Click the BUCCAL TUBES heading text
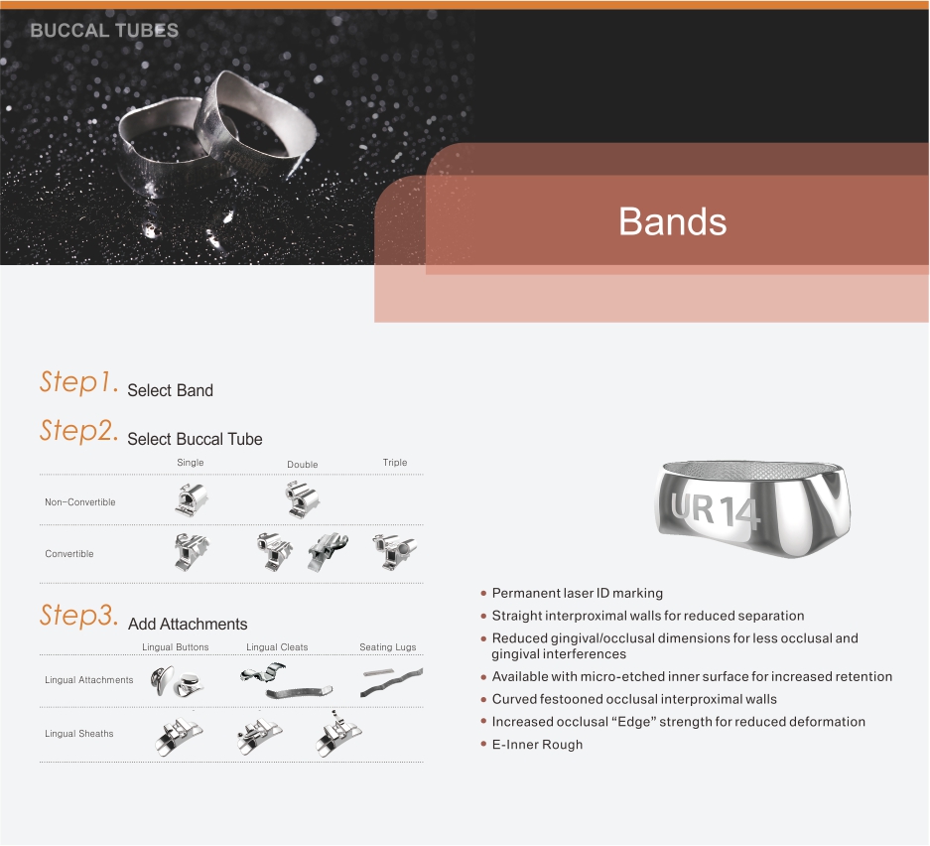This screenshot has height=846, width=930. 104,30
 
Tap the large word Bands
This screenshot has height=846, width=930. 673,221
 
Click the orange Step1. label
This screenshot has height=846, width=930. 78,381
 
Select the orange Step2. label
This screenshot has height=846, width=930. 78,430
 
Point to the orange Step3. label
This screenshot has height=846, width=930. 78,615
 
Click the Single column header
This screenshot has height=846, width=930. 191,462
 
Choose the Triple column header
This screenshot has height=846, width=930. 395,462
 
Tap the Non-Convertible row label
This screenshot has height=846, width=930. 80,501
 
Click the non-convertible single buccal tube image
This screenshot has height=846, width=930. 192,499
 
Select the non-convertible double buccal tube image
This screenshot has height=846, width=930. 303,499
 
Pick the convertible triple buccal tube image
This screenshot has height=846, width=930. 394,552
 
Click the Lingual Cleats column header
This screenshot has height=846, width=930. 277,647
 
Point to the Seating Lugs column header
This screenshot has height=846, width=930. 388,647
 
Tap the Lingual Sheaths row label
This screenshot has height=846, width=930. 78,733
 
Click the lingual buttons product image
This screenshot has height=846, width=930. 177,681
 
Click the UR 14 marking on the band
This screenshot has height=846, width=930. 716,509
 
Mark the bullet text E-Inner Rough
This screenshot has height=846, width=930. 537,745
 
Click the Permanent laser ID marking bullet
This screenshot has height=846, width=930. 577,593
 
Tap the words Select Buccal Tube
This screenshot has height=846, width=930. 195,439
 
